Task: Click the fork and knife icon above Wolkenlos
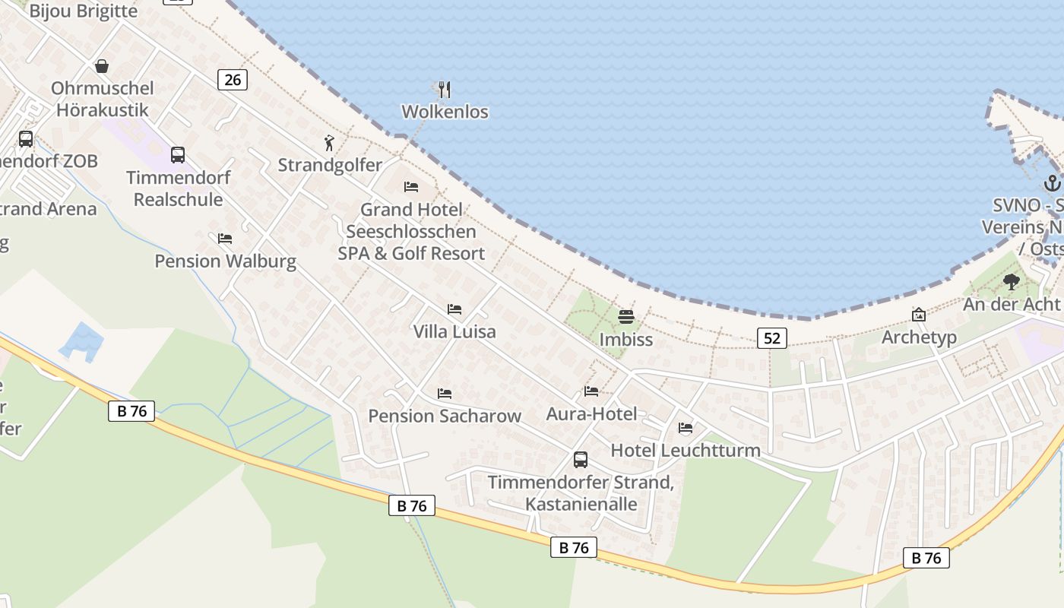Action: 445,90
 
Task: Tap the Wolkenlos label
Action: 445,112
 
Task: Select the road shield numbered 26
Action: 233,79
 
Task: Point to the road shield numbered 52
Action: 771,338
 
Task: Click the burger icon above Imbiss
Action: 625,316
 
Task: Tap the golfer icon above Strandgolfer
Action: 329,143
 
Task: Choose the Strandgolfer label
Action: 330,165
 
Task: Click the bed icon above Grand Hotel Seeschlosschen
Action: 411,186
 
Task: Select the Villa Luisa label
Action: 454,331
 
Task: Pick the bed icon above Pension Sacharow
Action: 445,394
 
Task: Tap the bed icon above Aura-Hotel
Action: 591,391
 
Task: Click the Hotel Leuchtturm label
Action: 686,450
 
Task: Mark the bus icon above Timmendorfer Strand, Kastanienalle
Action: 581,459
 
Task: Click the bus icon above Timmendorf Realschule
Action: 178,155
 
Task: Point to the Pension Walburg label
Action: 225,261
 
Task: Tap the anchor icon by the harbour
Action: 1052,182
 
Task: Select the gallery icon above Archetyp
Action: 919,315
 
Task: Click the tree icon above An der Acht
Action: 1011,283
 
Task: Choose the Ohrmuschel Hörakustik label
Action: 102,99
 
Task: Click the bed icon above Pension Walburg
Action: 225,239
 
